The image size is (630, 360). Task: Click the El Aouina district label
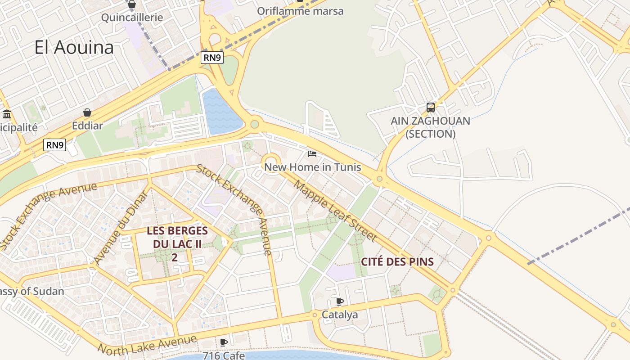(x=74, y=48)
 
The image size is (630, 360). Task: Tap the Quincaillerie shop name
(x=132, y=18)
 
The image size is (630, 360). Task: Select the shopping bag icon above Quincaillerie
(x=132, y=4)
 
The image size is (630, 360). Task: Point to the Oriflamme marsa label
(x=300, y=11)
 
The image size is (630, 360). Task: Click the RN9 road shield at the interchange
(x=212, y=58)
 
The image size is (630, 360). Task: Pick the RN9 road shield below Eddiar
(x=55, y=145)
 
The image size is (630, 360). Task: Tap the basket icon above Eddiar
(x=87, y=112)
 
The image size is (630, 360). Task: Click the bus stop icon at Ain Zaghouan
(x=431, y=108)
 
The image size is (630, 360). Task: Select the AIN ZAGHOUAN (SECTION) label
(x=431, y=127)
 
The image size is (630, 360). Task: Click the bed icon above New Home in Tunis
(x=312, y=154)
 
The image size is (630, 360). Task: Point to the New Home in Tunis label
(x=312, y=167)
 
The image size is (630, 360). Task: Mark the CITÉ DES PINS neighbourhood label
(x=397, y=262)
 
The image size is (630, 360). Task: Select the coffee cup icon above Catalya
(x=340, y=301)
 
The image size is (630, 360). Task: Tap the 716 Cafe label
(x=224, y=355)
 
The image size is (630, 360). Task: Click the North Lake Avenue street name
(x=147, y=344)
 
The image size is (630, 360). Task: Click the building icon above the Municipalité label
(x=7, y=114)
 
